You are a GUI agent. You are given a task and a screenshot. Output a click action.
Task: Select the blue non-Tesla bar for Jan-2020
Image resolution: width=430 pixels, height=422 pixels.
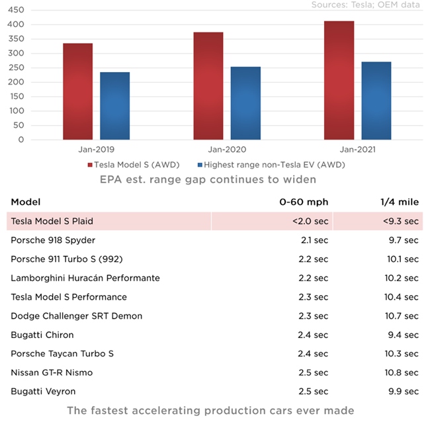pos(245,103)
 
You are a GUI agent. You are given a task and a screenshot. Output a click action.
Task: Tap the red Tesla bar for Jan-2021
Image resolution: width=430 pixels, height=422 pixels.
pos(339,80)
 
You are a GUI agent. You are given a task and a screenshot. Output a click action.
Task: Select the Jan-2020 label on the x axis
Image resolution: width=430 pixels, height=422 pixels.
pos(226,150)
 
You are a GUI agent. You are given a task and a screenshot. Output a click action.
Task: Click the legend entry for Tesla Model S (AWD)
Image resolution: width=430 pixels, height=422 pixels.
pos(133,165)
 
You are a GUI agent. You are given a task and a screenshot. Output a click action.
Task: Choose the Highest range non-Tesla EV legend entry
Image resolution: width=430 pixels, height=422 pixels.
pos(271,165)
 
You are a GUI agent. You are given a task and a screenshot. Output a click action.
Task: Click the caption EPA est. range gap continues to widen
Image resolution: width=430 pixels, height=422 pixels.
pos(208,179)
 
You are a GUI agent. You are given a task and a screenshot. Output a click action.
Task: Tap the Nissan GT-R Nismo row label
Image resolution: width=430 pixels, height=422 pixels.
pos(52,372)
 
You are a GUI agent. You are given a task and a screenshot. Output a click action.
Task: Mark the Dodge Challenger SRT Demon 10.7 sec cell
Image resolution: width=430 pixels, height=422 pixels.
pos(400,316)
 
